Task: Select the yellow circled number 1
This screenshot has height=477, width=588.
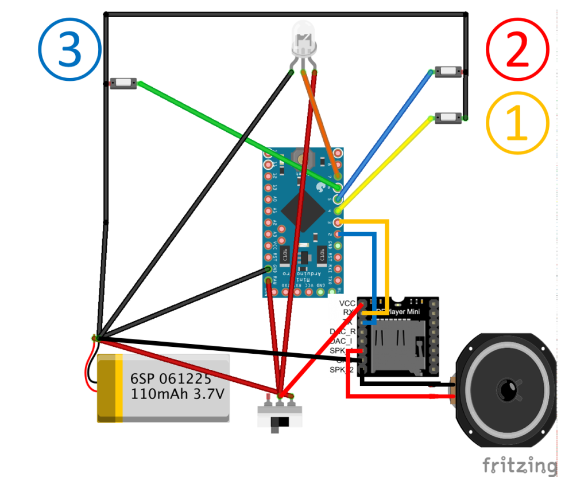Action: [x=517, y=123]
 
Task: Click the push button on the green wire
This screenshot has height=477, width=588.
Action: [x=123, y=84]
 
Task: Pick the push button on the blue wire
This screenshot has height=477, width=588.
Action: [x=448, y=72]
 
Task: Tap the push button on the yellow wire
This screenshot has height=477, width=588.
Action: [x=448, y=118]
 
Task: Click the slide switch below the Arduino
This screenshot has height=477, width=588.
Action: [x=280, y=417]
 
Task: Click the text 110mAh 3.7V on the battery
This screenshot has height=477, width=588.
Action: [x=176, y=394]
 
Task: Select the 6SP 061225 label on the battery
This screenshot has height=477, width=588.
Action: [x=171, y=379]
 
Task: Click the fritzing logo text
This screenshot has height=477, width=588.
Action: [x=519, y=464]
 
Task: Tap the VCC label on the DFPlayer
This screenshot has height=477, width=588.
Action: [x=347, y=303]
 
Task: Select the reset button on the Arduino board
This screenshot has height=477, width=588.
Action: [x=300, y=156]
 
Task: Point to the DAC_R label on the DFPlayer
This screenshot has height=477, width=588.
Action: [x=343, y=331]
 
